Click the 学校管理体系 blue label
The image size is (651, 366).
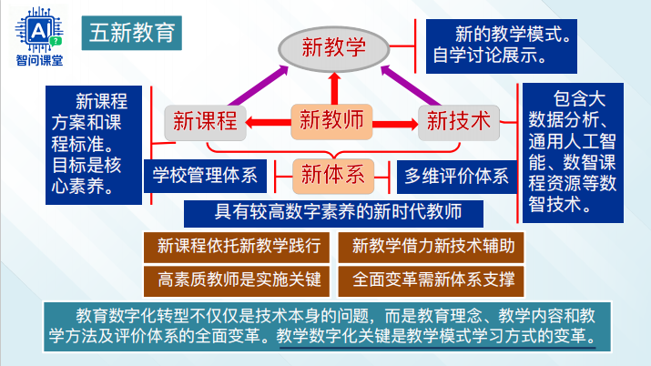pos(205,175)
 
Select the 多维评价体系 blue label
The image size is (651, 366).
pos(457,175)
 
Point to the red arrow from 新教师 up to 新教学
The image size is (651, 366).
pos(333,88)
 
